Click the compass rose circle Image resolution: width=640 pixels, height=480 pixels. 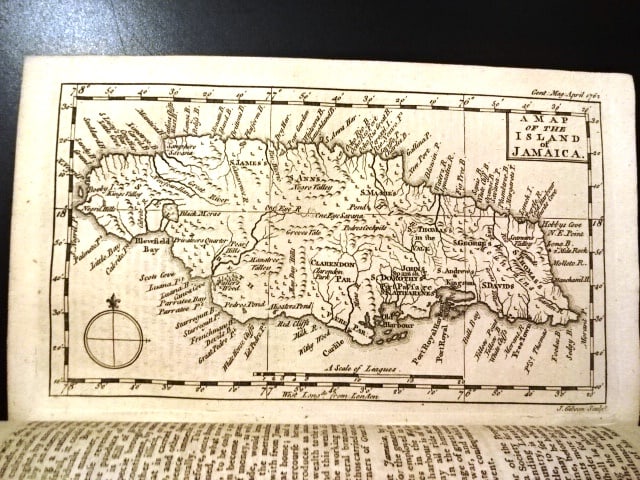click(117, 338)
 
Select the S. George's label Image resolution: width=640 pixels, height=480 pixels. click(476, 242)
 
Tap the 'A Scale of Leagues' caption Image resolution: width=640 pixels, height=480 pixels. click(361, 369)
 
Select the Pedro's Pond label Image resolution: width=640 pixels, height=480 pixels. click(243, 302)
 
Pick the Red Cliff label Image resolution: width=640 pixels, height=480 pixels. click(292, 326)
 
